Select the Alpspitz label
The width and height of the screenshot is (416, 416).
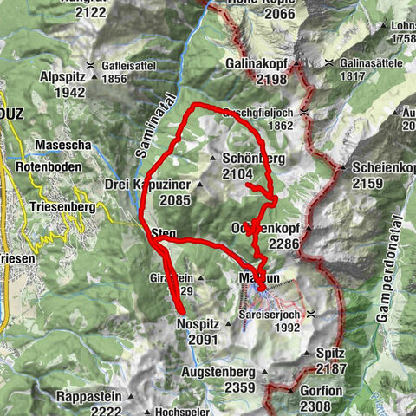[62, 76]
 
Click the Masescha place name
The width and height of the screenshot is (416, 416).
[63, 145]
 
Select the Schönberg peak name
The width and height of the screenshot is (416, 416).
[253, 159]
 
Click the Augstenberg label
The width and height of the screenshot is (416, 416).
[218, 372]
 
